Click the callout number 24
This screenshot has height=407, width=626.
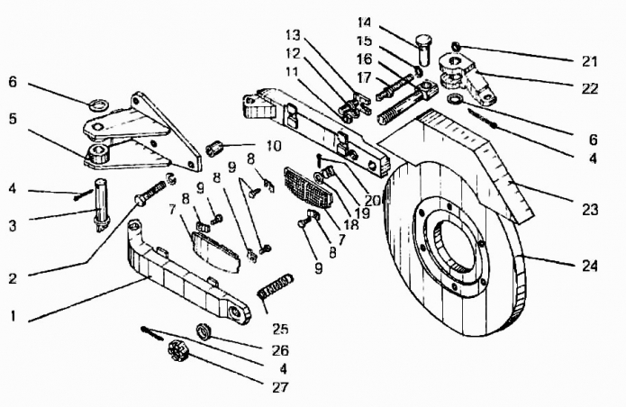pyautogui.click(x=589, y=266)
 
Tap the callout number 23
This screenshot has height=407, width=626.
pyautogui.click(x=589, y=209)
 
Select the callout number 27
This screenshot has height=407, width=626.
pyautogui.click(x=280, y=386)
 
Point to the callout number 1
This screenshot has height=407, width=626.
pyautogui.click(x=14, y=316)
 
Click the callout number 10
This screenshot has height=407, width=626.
pyautogui.click(x=274, y=146)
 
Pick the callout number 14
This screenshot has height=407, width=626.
pyautogui.click(x=364, y=22)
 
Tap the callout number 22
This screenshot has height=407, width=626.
pyautogui.click(x=590, y=87)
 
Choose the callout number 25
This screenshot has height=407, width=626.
pyautogui.click(x=280, y=329)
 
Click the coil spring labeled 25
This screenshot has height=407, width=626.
pyautogui.click(x=276, y=287)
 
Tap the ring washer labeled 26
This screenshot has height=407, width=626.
pyautogui.click(x=204, y=332)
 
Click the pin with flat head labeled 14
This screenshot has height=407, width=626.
pyautogui.click(x=423, y=50)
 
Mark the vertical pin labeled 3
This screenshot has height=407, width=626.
pyautogui.click(x=102, y=204)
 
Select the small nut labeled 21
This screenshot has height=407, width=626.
pyautogui.click(x=456, y=47)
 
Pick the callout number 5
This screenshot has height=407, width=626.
pyautogui.click(x=13, y=119)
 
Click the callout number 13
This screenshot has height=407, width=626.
pyautogui.click(x=293, y=34)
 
